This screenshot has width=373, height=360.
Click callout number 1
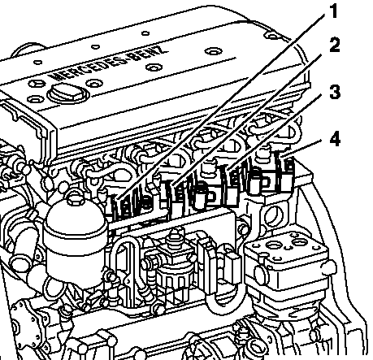click(334, 11)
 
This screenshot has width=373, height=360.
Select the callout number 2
click(335, 45)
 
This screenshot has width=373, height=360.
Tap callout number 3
click(335, 92)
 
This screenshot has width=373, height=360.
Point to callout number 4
click(335, 139)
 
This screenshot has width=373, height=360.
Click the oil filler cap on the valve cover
click(67, 93)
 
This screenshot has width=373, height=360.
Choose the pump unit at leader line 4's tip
click(284, 172)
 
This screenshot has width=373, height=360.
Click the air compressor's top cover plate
click(287, 246)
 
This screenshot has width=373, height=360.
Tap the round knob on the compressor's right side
click(328, 267)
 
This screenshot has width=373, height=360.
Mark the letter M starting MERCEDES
click(56, 76)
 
